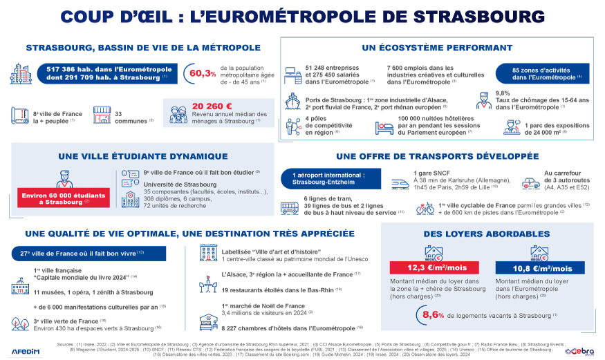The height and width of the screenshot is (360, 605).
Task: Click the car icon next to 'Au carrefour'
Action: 530,182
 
